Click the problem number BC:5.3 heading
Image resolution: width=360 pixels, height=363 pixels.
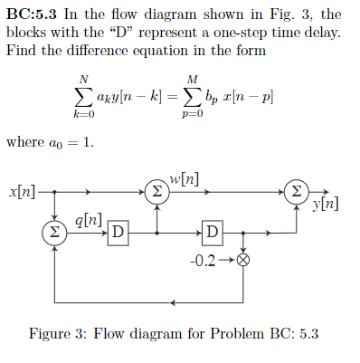(x=35, y=14)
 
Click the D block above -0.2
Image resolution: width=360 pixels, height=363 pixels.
(x=212, y=233)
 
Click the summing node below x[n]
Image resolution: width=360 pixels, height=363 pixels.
(x=54, y=233)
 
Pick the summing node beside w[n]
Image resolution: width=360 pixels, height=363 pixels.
(x=157, y=192)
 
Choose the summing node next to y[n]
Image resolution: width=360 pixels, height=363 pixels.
(x=295, y=192)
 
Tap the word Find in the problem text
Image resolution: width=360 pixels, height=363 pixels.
(x=20, y=49)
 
